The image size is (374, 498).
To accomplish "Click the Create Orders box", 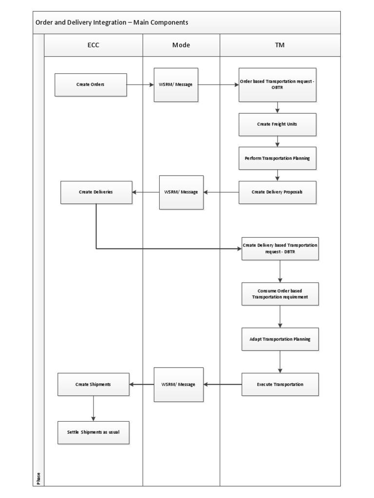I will pyautogui.click(x=91, y=85).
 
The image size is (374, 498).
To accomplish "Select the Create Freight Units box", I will pyautogui.click(x=277, y=124).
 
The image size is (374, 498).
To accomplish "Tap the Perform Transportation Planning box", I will pyautogui.click(x=277, y=158).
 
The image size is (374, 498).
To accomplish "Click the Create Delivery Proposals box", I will pyautogui.click(x=277, y=192).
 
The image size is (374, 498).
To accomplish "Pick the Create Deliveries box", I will pyautogui.click(x=96, y=192).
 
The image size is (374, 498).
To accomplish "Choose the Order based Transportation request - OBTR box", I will pyautogui.click(x=277, y=85).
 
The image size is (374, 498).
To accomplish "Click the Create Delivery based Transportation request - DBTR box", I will pyautogui.click(x=280, y=249).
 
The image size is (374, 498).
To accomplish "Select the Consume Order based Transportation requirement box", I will pyautogui.click(x=280, y=294).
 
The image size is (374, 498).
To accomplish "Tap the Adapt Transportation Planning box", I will pyautogui.click(x=280, y=339).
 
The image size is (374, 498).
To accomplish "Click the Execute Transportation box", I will pyautogui.click(x=280, y=384).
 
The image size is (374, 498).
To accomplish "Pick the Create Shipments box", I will pyautogui.click(x=93, y=384).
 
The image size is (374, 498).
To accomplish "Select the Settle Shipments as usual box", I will pyautogui.click(x=93, y=432).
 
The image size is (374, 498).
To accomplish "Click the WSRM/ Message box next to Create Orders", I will pyautogui.click(x=176, y=85).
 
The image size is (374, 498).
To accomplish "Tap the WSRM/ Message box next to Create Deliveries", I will pyautogui.click(x=181, y=192).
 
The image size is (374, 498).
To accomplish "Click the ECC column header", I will pyautogui.click(x=93, y=45).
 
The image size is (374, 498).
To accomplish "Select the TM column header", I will pyautogui.click(x=280, y=45).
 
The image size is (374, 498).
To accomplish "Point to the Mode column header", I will pyautogui.click(x=181, y=45).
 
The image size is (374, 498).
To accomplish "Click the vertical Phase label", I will pyautogui.click(x=38, y=479).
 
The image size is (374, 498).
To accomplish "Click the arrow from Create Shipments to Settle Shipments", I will pyautogui.click(x=93, y=409).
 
